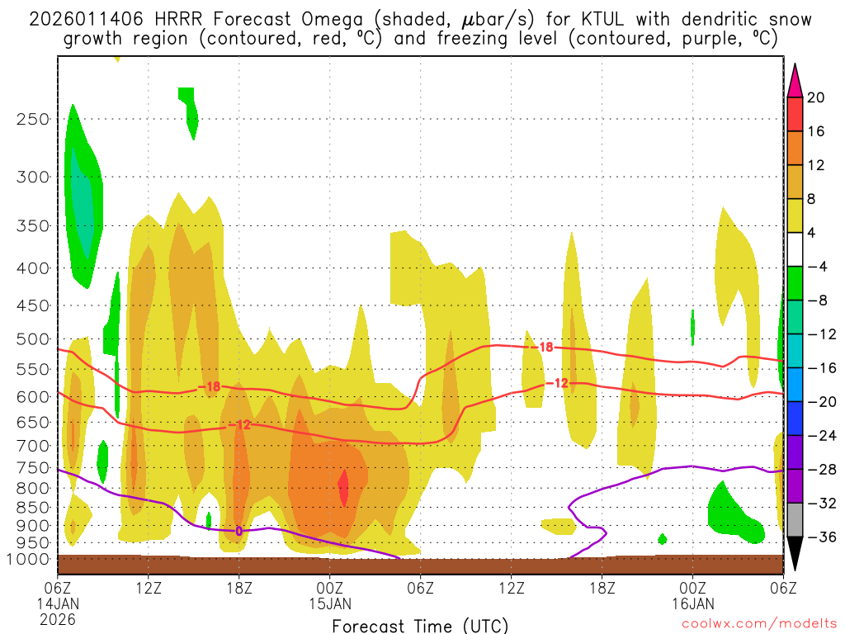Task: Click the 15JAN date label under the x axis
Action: coord(330,603)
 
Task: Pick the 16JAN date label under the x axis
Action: coord(692,603)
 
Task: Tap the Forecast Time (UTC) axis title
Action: coord(420,626)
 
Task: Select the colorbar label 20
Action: coord(816,97)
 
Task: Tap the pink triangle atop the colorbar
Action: coord(795,80)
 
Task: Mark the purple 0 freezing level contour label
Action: coord(239,531)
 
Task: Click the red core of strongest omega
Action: coord(343,486)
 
